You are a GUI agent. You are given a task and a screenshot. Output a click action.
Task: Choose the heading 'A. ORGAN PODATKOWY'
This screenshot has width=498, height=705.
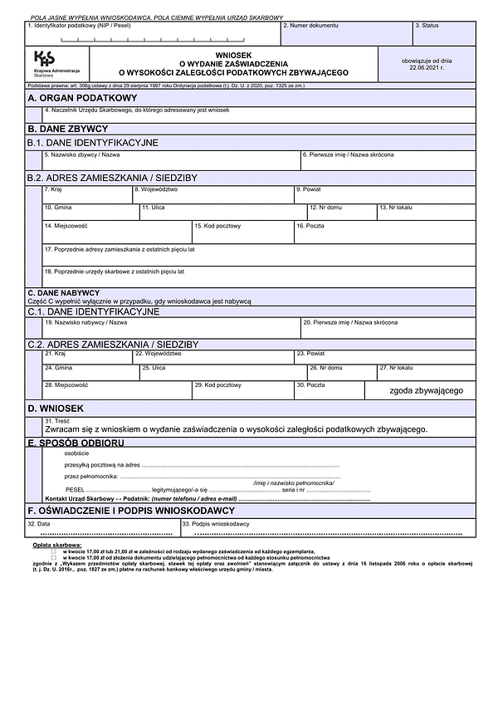click(x=71, y=98)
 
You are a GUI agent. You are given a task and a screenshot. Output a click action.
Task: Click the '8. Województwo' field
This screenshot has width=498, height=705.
click(x=212, y=195)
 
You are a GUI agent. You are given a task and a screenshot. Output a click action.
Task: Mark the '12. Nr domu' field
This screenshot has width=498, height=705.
click(x=341, y=212)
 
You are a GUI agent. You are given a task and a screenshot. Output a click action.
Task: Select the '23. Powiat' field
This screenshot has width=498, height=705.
click(x=384, y=357)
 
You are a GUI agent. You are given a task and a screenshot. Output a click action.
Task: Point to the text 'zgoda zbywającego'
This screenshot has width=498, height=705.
click(x=426, y=390)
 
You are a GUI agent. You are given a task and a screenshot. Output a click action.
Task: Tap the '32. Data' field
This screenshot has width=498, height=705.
click(x=101, y=529)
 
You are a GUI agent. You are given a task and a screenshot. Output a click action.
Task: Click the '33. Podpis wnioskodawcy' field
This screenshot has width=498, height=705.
click(x=327, y=529)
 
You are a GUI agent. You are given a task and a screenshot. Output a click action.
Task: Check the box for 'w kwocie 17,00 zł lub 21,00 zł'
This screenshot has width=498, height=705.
click(x=54, y=551)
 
